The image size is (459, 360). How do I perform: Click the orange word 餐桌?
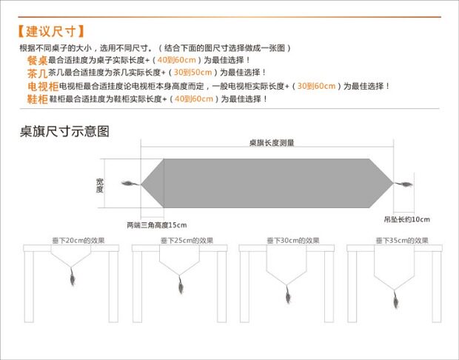coord(37,60)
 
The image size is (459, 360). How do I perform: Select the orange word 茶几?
coord(37,73)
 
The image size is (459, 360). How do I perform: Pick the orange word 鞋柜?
coord(38,99)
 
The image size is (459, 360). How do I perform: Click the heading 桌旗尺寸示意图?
coord(65,132)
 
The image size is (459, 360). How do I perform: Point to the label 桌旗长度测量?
coord(271,142)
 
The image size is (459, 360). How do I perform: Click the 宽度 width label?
coord(99,185)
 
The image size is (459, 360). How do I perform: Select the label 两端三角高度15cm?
coord(156,225)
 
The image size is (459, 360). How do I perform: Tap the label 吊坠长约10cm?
coord(407,220)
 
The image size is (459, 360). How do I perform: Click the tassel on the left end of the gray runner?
coord(132,184)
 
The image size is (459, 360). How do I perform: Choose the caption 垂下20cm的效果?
coord(73,241)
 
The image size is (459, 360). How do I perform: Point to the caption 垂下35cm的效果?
coord(401,241)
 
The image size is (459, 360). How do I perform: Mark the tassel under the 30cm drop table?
coord(287,296)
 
